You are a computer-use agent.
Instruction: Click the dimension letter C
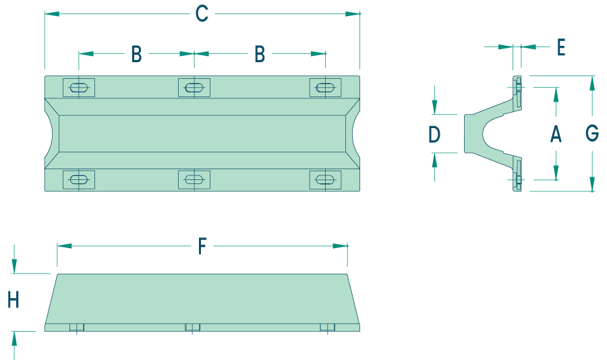click(x=202, y=14)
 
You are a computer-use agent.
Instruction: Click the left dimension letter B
click(x=137, y=54)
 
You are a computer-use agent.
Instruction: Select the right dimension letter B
click(x=260, y=54)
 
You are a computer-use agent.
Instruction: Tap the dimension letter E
click(x=561, y=48)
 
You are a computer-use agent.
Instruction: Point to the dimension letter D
click(x=434, y=135)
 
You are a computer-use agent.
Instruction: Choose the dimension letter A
click(x=556, y=134)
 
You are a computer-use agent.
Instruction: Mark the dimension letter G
click(x=592, y=133)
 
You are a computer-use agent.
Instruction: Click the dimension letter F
click(x=202, y=246)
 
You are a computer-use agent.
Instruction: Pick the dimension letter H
click(x=13, y=299)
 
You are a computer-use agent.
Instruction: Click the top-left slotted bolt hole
click(x=79, y=88)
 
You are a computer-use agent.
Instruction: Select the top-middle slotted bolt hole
click(x=194, y=88)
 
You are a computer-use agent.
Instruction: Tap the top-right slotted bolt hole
click(x=325, y=88)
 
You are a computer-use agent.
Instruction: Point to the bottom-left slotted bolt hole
click(x=79, y=179)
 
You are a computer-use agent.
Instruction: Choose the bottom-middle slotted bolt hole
click(x=194, y=179)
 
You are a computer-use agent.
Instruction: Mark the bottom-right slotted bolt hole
click(x=325, y=179)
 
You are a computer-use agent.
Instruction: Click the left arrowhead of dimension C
click(x=52, y=14)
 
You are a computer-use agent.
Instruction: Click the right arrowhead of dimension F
click(x=340, y=246)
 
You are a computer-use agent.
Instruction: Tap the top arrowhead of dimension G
click(x=592, y=83)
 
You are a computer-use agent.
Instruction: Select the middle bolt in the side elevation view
click(x=192, y=328)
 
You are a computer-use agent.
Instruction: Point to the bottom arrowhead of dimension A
click(x=556, y=173)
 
